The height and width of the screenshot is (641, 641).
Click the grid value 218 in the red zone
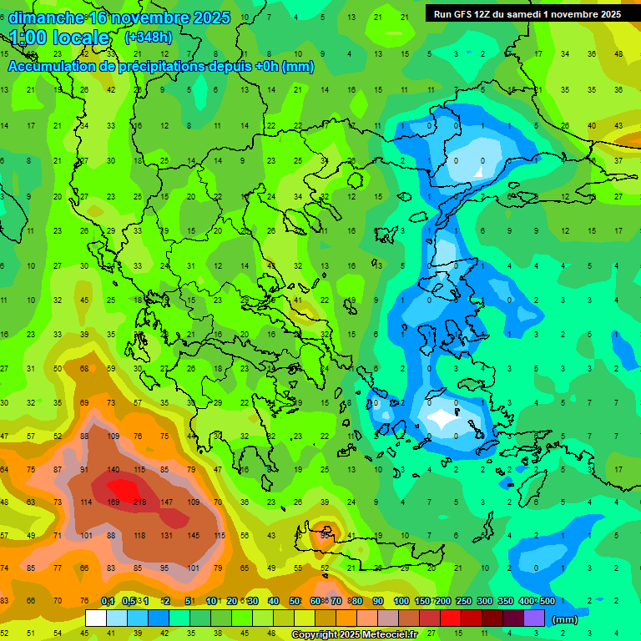click(x=139, y=502)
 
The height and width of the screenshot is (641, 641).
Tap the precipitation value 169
click(x=114, y=502)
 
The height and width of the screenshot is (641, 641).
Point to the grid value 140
click(x=114, y=470)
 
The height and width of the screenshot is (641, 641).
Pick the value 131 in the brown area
click(x=166, y=536)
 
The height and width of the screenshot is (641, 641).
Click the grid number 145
click(x=193, y=536)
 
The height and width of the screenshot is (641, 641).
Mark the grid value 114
click(x=87, y=502)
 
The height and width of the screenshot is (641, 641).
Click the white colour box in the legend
click(x=96, y=618)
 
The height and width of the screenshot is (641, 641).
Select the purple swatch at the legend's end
click(x=534, y=618)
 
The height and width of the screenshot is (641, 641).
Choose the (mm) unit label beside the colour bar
click(x=565, y=619)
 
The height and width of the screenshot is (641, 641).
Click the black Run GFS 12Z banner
click(x=527, y=14)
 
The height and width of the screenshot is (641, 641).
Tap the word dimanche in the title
click(x=47, y=18)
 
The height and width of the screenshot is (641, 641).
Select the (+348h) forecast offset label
click(x=148, y=38)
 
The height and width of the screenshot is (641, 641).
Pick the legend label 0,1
click(x=108, y=601)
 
